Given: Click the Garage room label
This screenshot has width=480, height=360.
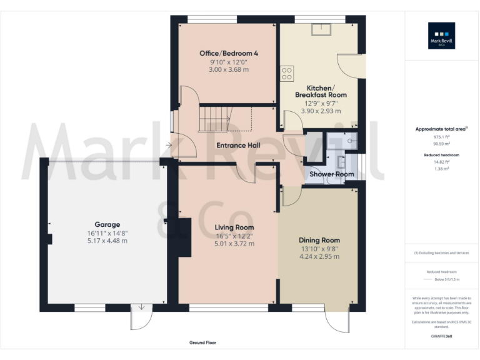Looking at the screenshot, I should [107, 224].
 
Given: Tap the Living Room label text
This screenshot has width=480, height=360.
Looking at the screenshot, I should [234, 227].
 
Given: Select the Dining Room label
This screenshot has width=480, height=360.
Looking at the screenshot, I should [319, 239].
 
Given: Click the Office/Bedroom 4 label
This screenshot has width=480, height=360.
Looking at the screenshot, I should [229, 54].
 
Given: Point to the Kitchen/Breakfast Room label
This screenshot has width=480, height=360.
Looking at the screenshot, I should [321, 91].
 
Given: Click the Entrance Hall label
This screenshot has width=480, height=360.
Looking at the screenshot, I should [239, 146].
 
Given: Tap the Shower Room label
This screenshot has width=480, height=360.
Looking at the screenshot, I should [331, 174].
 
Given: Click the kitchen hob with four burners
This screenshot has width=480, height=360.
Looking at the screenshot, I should [287, 74].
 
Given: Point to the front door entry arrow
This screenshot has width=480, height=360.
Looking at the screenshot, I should [169, 146].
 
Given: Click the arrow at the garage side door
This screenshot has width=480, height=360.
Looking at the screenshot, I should [142, 307].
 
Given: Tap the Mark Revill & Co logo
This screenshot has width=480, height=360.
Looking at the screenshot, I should [441, 36].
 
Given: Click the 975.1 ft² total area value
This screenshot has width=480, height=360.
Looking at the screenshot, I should [441, 136].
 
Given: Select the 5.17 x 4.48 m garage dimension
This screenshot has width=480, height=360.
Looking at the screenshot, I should [107, 241].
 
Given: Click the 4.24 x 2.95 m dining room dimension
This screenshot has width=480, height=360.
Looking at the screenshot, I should [319, 256].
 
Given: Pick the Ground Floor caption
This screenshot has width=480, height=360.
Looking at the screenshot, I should [202, 342].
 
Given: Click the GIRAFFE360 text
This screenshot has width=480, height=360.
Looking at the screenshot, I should [441, 337].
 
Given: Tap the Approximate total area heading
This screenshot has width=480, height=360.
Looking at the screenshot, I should [441, 129].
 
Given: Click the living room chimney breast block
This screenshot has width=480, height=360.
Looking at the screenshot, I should [184, 237].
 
